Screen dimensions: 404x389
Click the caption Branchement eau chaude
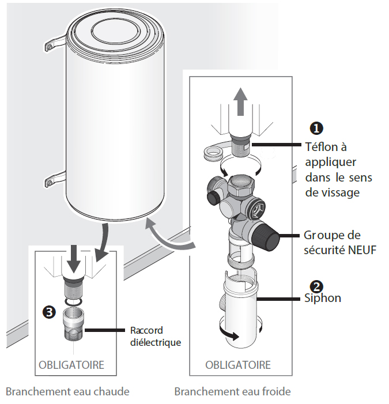[67, 392]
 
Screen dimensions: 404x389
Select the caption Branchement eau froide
[232, 392]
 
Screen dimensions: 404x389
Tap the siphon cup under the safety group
[240, 309]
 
